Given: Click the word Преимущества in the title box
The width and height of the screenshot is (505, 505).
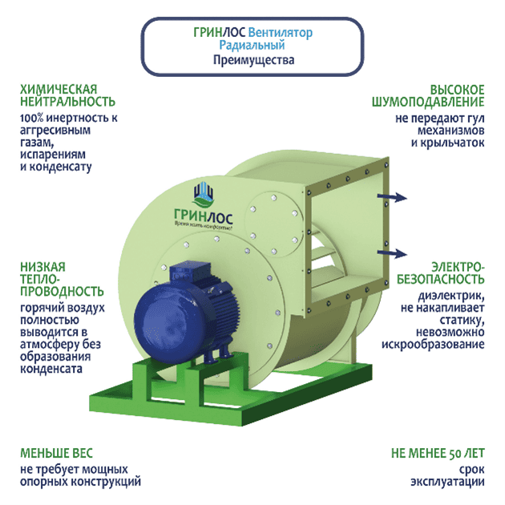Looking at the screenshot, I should point(253,60).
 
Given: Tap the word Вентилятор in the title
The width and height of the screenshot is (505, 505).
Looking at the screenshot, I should point(281,33).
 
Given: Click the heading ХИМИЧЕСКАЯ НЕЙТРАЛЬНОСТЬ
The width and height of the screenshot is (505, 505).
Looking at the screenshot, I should point(67,95).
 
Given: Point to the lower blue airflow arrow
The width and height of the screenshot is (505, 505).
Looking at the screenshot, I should point(393,252).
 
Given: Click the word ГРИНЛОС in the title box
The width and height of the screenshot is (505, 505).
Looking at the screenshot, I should point(220,33).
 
